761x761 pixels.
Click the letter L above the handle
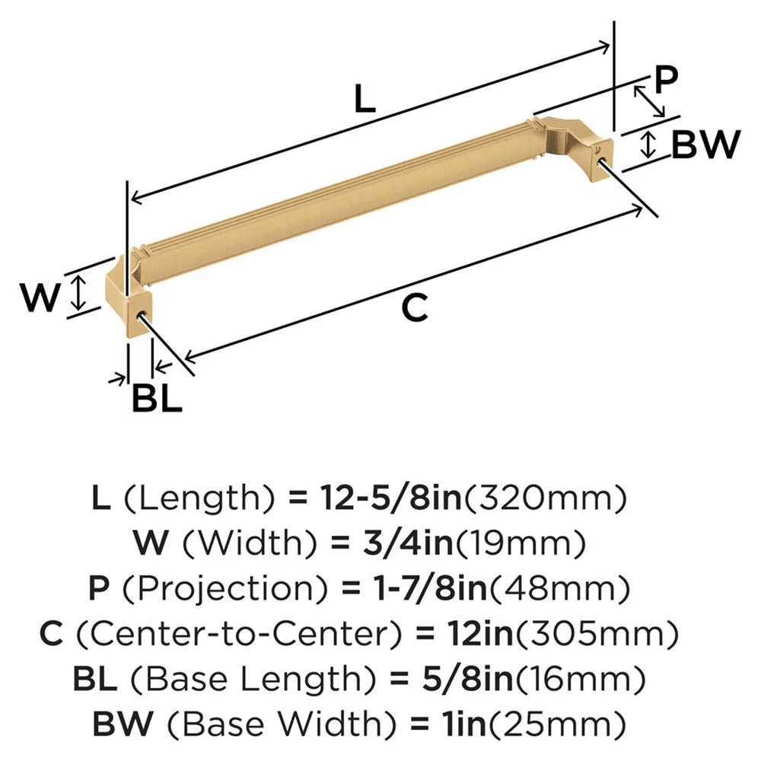(x=365, y=100)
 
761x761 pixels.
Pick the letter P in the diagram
(x=665, y=79)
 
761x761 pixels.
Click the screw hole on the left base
(x=140, y=314)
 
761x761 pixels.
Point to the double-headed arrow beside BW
(x=648, y=145)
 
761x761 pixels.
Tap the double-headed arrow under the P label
(x=649, y=101)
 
